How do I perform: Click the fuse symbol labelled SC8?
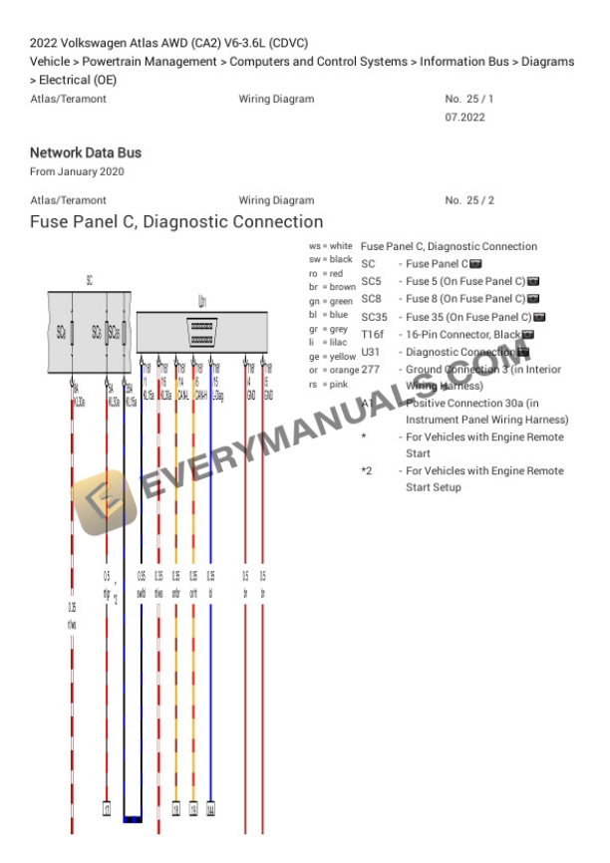97,331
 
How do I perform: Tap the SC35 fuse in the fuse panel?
115,331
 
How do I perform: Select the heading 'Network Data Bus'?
86,152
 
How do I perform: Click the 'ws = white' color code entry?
331,245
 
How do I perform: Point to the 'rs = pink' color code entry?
328,384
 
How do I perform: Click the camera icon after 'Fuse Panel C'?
475,264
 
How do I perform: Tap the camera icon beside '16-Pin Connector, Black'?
527,334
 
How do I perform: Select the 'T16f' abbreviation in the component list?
373,334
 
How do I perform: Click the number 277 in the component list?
370,369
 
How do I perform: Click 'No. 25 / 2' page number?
469,200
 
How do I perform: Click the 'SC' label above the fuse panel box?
89,281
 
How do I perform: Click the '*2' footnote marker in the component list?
367,470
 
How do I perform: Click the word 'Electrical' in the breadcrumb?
65,80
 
